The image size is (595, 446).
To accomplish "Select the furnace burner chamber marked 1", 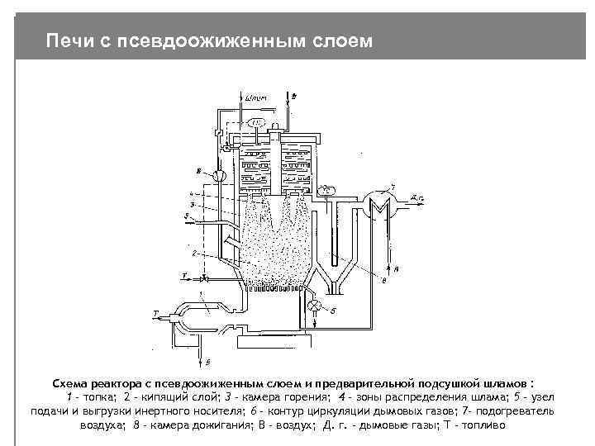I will [x=202, y=310].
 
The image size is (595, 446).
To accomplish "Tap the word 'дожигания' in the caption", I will [x=216, y=425].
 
